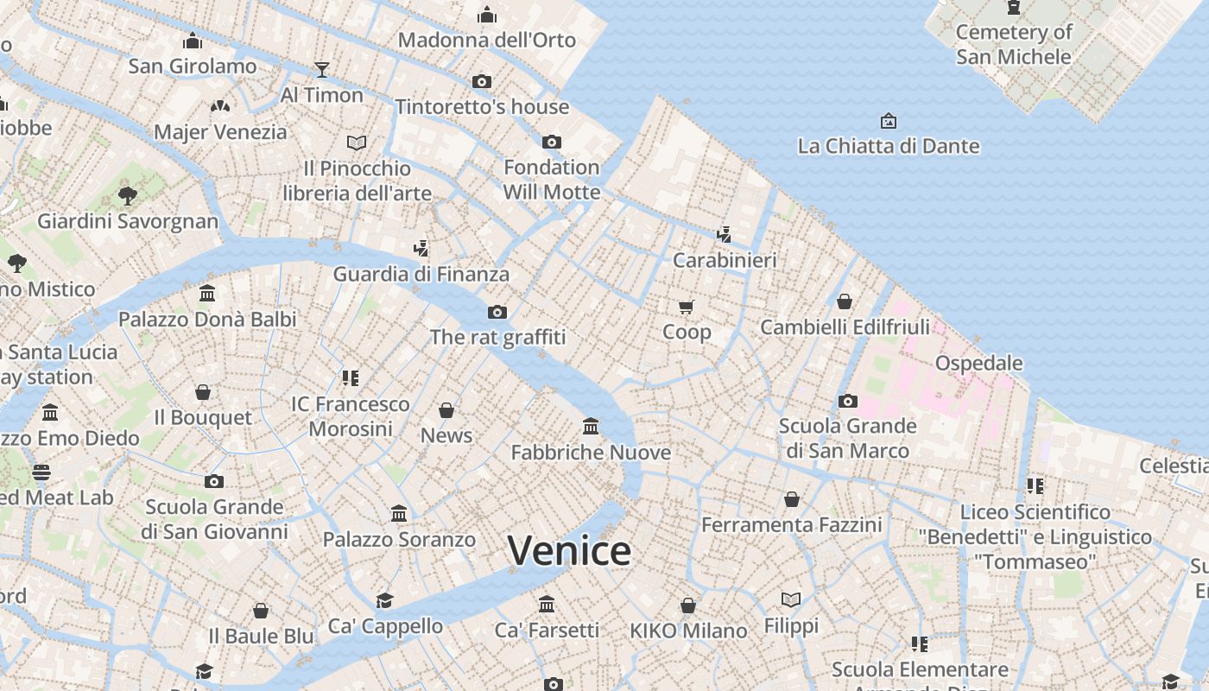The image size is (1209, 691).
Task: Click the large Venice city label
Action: (x=569, y=551)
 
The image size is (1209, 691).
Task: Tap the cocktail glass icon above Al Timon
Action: (x=322, y=69)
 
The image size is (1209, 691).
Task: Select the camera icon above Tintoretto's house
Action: (x=482, y=82)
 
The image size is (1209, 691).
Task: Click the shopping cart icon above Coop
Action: (x=687, y=307)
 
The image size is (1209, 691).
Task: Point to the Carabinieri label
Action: (x=725, y=260)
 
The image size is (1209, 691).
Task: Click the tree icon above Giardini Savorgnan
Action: (x=128, y=195)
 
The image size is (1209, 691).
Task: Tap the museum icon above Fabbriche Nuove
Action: (x=591, y=426)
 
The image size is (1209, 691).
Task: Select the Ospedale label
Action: (x=978, y=363)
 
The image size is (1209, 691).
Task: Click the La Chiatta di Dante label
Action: (x=889, y=146)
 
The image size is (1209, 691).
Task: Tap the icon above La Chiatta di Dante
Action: (x=888, y=121)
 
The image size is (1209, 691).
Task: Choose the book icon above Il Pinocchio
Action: (x=357, y=142)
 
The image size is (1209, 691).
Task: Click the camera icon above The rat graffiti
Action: (x=497, y=312)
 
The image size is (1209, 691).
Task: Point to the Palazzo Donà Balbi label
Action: (x=207, y=320)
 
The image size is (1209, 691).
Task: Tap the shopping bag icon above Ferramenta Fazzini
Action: (x=792, y=499)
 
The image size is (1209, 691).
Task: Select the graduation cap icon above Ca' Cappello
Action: (x=384, y=600)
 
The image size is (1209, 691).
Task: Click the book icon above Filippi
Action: (x=791, y=599)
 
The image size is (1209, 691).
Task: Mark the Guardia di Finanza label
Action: (x=421, y=275)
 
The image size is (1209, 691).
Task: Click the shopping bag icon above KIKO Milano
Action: (x=688, y=605)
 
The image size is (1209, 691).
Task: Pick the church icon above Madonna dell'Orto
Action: (x=487, y=15)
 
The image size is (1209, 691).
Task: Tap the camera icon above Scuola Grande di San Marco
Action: (x=848, y=401)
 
